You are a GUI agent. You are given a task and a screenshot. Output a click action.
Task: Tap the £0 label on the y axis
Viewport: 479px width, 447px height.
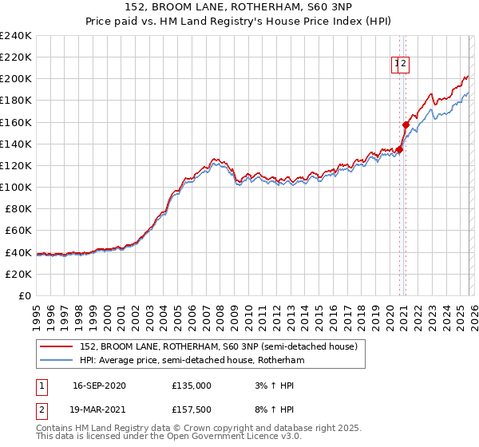click(26, 295)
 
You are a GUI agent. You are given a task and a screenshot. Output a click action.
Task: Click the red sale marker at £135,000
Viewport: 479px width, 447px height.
click(399, 149)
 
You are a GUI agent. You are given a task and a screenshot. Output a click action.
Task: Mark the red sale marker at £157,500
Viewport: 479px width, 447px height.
click(406, 125)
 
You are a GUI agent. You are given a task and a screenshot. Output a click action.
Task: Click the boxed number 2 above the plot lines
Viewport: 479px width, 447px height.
click(404, 65)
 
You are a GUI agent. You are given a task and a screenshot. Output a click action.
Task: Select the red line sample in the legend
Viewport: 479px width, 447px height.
click(57, 346)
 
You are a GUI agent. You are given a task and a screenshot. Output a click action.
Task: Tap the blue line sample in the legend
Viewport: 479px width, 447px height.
click(57, 361)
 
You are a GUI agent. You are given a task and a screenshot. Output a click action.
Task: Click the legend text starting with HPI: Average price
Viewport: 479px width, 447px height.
click(192, 361)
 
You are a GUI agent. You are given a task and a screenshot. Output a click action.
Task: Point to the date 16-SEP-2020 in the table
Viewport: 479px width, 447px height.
click(99, 386)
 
